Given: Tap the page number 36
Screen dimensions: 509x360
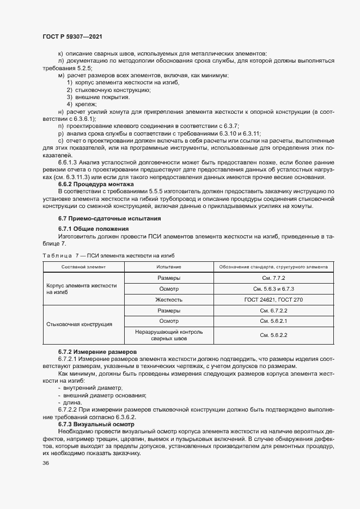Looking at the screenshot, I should click(46, 463).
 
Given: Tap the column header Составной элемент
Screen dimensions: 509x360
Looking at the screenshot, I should click(84, 267).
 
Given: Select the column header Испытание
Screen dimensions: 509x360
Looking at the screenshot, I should click(169, 267).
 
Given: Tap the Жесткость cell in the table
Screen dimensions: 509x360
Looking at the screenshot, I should click(169, 299).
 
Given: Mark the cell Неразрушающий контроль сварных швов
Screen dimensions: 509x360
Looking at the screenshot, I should click(169, 335).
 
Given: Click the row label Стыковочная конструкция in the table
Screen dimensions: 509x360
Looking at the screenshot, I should click(80, 324).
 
